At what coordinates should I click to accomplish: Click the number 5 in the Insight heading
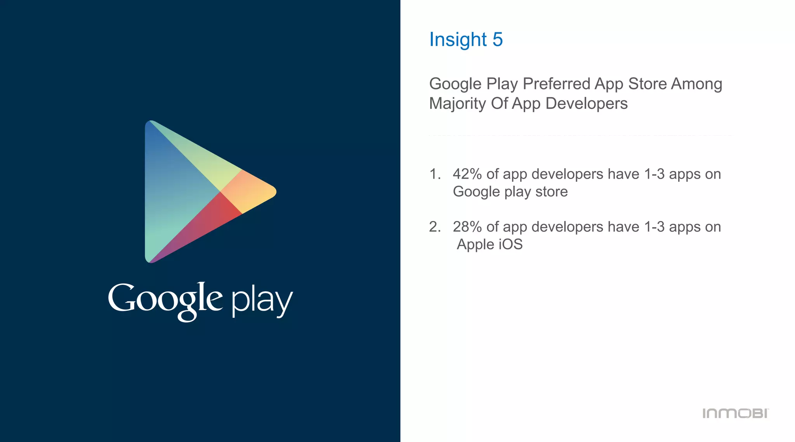click(498, 40)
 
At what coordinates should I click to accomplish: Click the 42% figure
click(467, 174)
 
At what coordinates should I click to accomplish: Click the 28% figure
click(467, 227)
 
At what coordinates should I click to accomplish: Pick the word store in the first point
click(552, 191)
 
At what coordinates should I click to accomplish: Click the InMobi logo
click(735, 413)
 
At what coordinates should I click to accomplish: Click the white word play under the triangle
click(262, 301)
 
